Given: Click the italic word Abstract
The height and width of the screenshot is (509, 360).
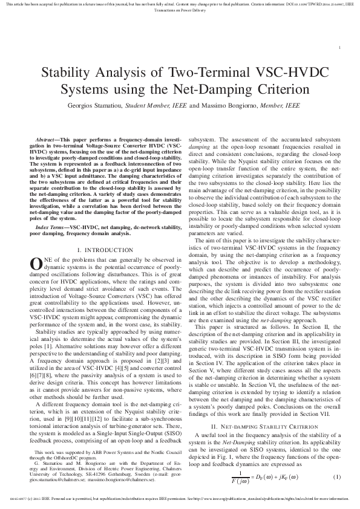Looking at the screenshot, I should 47,140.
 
